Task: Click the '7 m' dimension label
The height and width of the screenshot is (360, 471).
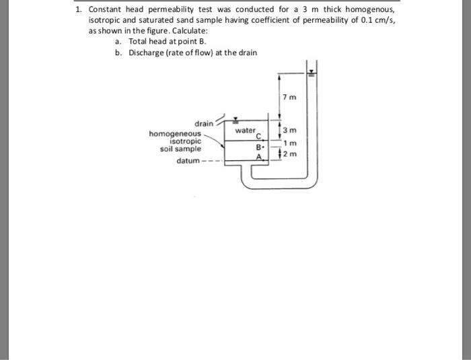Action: point(289,98)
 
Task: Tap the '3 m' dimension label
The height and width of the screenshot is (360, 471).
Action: point(289,130)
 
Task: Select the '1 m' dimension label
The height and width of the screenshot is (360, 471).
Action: point(289,143)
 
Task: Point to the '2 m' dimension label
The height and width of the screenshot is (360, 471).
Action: point(289,155)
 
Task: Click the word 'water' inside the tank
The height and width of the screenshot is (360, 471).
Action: point(245,129)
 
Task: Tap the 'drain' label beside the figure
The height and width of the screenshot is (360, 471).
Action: point(204,124)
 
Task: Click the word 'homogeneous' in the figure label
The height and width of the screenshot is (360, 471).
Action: point(175,134)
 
